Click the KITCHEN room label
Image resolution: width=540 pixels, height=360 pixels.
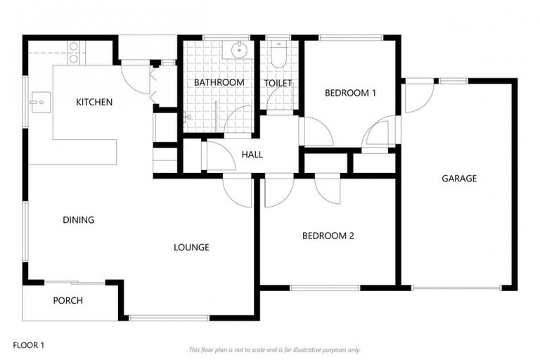94,102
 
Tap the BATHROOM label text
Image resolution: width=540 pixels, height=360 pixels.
219,82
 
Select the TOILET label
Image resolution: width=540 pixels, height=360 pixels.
278,83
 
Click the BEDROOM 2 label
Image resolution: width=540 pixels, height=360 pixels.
328,236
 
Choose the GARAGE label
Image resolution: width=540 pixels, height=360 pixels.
459,178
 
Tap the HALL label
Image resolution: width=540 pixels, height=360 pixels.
252,154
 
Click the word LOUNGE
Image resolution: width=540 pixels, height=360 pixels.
191,247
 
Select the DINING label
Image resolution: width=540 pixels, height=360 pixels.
78,219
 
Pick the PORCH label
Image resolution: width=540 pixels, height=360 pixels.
67,300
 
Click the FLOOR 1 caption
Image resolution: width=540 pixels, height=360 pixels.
29,345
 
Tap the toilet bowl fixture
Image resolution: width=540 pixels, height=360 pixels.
278,56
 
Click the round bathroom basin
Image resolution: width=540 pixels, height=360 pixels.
238,49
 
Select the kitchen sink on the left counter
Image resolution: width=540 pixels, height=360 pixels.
38,103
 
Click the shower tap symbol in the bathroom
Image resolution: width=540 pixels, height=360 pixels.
186,118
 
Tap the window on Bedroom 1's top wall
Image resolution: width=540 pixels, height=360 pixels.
349,37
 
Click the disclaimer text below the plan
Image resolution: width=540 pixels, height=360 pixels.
274,349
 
